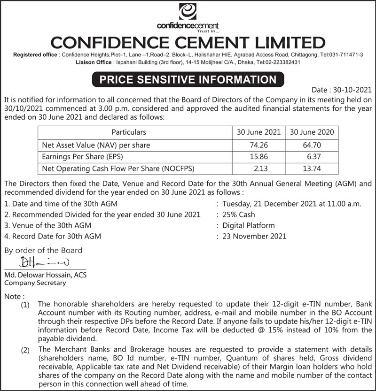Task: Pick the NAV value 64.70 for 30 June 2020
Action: pyautogui.click(x=312, y=146)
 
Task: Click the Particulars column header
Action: pyautogui.click(x=128, y=132)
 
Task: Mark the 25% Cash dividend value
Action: pyautogui.click(x=239, y=215)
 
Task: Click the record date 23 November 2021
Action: pyautogui.click(x=254, y=236)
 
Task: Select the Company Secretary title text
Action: pyautogui.click(x=35, y=283)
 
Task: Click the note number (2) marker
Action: pyautogui.click(x=25, y=350)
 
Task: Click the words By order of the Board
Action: pyautogui.click(x=43, y=250)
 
